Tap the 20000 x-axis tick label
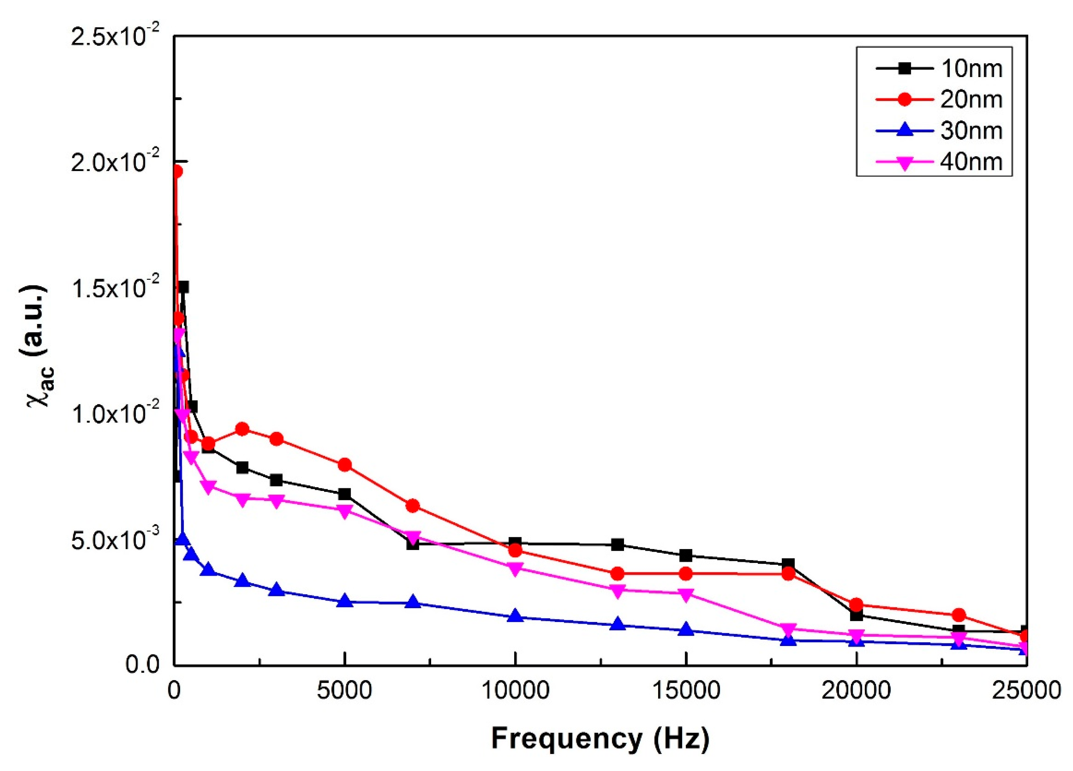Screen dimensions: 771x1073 point(856,691)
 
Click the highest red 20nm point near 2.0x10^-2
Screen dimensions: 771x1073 point(177,171)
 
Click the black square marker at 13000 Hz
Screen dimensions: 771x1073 point(617,544)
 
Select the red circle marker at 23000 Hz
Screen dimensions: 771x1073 point(958,615)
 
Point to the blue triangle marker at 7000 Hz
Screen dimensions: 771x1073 point(413,602)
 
